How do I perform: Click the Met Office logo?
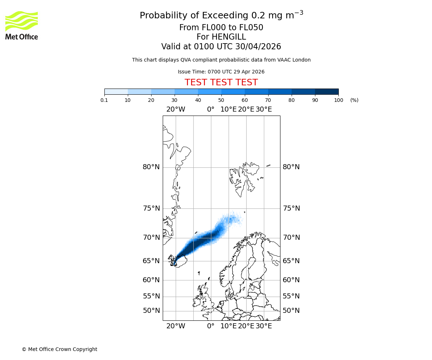[22, 25]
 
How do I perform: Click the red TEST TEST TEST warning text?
[221, 82]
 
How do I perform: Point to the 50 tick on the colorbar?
[221, 100]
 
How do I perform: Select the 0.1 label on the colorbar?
[104, 100]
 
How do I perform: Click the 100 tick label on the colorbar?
[338, 100]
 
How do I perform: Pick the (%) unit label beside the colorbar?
[354, 100]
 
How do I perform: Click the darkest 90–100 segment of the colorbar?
[327, 91]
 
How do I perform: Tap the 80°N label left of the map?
[151, 167]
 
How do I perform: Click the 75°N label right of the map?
[291, 208]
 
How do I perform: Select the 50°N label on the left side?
[151, 311]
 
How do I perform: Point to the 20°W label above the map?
[176, 109]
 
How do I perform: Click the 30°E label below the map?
[264, 326]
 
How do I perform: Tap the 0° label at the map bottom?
[211, 326]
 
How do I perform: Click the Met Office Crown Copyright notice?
[59, 349]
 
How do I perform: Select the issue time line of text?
[221, 72]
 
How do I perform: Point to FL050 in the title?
[251, 28]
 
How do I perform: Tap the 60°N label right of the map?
[291, 280]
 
